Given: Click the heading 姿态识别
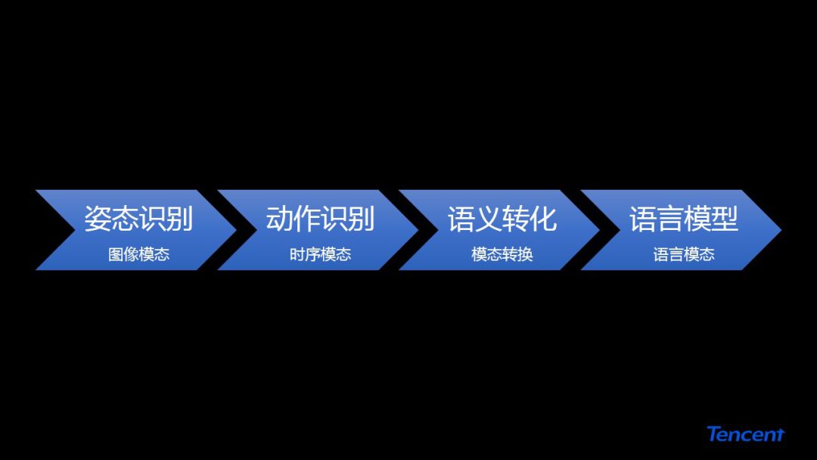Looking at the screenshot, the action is pos(138,219).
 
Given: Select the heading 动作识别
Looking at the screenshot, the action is pos(320,219).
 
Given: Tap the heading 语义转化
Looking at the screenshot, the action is pos(502,219).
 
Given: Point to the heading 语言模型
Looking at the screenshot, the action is pos(683,219).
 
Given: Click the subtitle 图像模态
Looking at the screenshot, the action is pos(138,255).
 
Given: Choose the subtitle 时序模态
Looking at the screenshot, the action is pos(320,255).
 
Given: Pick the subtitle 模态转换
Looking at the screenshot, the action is pos(502,255).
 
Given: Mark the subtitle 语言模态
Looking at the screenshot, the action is pos(684,255).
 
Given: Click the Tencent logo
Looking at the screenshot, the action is pos(745,434).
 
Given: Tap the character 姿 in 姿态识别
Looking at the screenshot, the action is pos(98,219).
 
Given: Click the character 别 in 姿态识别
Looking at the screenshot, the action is pos(179,219).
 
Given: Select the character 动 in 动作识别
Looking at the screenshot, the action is pos(279,219).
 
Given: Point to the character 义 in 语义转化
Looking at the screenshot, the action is pos(488,219).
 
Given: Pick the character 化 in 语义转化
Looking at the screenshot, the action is pos(542,219).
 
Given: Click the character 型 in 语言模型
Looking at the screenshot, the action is pos(724,219).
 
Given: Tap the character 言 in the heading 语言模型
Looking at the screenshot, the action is pos(669,219).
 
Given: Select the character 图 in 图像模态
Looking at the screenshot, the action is pos(116,255).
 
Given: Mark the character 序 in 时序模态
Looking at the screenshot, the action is pos(312,255).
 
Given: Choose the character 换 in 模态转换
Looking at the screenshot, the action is pos(525,255).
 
